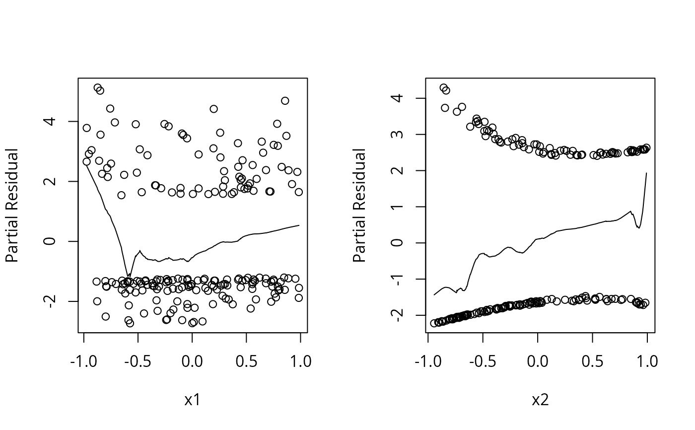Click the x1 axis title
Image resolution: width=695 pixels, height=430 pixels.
[x=192, y=400]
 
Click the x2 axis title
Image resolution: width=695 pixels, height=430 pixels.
[x=540, y=400]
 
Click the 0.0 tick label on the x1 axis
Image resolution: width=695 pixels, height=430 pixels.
[x=192, y=361]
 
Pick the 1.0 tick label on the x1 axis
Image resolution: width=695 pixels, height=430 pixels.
[x=300, y=361]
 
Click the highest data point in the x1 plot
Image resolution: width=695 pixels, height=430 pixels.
[x=98, y=88]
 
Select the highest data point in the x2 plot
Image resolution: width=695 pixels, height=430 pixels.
[x=444, y=88]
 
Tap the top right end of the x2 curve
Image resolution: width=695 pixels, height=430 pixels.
[x=646, y=173]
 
